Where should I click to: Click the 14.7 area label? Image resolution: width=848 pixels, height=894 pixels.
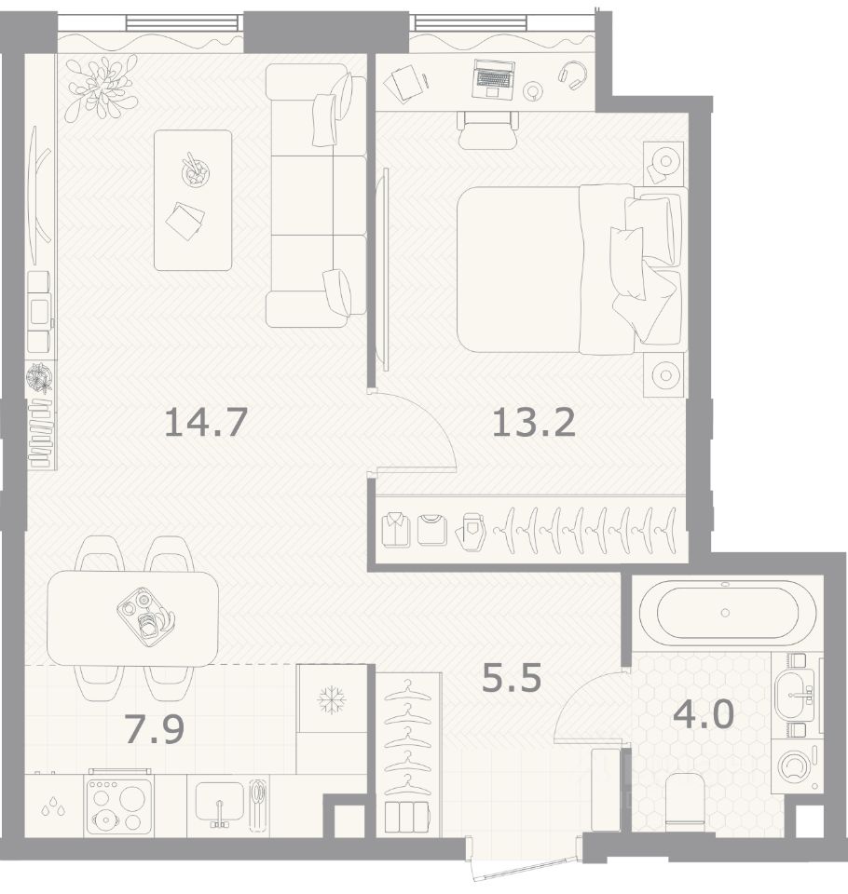click(x=205, y=423)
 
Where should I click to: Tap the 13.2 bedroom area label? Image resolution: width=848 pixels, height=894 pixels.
click(x=534, y=423)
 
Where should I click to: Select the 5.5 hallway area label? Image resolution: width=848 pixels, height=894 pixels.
click(x=512, y=678)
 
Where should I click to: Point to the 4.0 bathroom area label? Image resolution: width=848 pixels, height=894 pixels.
click(x=703, y=714)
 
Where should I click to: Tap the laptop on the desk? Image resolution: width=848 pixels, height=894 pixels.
click(x=493, y=78)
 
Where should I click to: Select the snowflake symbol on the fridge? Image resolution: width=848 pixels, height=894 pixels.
click(x=332, y=699)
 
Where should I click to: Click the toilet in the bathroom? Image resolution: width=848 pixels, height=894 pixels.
click(x=685, y=799)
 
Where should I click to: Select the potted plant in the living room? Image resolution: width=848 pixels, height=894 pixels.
click(x=101, y=88)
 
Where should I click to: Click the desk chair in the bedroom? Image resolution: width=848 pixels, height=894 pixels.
click(x=488, y=129)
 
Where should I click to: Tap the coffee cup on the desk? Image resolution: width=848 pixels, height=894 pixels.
click(x=533, y=90)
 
